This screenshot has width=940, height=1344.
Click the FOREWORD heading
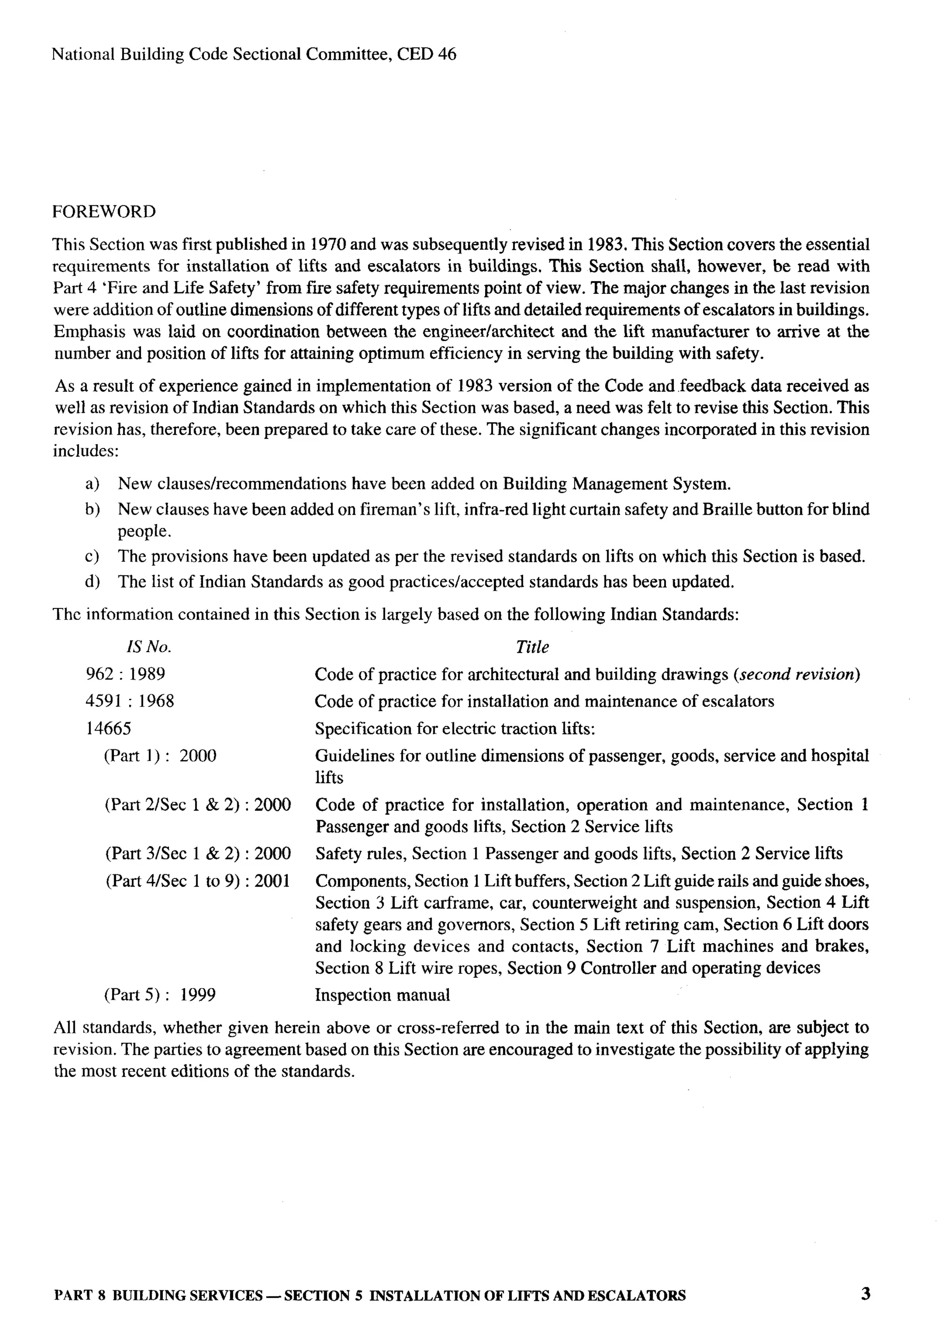pyautogui.click(x=104, y=212)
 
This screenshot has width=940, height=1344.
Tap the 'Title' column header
pyautogui.click(x=532, y=647)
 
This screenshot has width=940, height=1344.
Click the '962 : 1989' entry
pyautogui.click(x=125, y=675)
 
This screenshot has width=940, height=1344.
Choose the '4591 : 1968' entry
pyautogui.click(x=130, y=701)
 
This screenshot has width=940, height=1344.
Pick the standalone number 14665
pyautogui.click(x=108, y=729)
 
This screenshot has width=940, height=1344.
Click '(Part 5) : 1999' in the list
pyautogui.click(x=159, y=995)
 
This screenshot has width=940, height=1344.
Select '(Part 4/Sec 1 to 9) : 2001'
pyautogui.click(x=198, y=881)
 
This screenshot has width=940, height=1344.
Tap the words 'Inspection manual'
pyautogui.click(x=382, y=995)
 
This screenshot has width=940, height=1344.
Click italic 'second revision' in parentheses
pyautogui.click(x=796, y=675)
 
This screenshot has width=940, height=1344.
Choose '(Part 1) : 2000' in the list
pyautogui.click(x=160, y=756)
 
